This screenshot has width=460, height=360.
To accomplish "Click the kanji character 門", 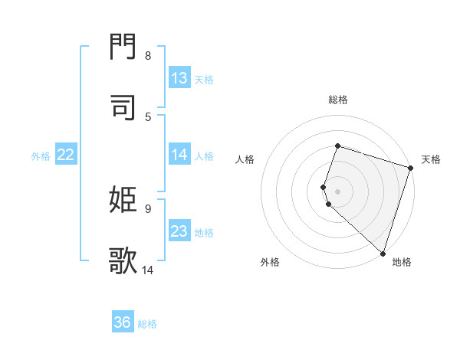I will click(x=123, y=50).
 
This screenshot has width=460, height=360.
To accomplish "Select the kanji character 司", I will click(x=123, y=109).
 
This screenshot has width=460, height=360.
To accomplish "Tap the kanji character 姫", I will click(x=123, y=201).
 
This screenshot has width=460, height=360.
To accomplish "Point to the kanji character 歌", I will click(x=123, y=260).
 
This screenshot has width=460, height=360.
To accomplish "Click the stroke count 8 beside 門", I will click(x=148, y=56).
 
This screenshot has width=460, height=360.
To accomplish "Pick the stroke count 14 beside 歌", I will click(x=148, y=269).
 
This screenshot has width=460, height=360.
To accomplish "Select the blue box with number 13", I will click(x=179, y=78).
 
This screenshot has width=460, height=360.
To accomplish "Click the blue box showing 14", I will click(x=179, y=155).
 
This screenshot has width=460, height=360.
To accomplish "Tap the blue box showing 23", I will click(x=179, y=231).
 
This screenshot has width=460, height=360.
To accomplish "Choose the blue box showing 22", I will click(x=66, y=155).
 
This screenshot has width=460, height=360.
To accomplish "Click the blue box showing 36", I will click(x=123, y=322).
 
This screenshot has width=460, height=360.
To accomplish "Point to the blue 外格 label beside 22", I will click(x=41, y=156).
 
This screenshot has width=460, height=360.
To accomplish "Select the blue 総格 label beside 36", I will click(x=148, y=324).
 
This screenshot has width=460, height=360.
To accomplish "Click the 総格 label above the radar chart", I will click(x=338, y=100).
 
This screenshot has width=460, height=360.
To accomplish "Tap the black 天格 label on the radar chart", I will click(x=431, y=159).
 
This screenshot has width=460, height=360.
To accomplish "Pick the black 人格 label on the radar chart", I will click(x=245, y=159).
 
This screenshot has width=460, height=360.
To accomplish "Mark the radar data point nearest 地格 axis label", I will click(x=383, y=253).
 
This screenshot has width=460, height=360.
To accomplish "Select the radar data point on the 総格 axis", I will click(x=337, y=146).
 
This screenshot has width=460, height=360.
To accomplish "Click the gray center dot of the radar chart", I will click(x=337, y=191).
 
